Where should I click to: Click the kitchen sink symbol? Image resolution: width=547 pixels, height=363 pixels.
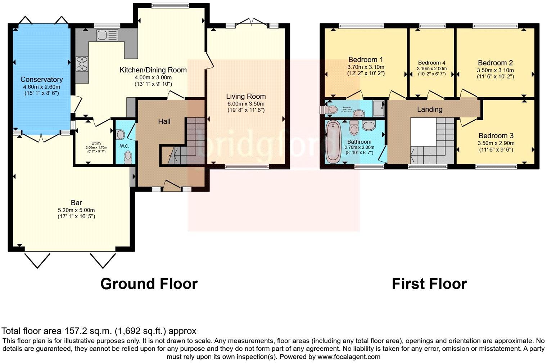107,35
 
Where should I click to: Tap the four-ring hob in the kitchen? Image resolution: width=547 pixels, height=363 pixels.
82,64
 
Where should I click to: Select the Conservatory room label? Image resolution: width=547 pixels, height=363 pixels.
41,80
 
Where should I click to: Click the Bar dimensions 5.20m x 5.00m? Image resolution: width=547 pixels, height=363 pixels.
76,210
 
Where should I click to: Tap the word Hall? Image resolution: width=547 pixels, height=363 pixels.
164,121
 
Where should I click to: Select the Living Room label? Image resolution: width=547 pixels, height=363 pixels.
246,97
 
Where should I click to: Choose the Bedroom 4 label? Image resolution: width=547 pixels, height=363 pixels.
431,63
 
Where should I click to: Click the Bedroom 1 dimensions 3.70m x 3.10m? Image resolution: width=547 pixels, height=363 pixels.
366,67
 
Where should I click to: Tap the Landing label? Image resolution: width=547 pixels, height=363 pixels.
430,109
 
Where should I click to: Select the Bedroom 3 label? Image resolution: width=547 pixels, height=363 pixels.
496,136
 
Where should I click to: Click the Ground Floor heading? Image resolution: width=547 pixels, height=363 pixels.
149,284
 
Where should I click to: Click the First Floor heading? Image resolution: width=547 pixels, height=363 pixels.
429,284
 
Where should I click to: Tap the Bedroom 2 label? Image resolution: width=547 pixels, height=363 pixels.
495,63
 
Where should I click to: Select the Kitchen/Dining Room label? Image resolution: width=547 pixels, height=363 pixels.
153,70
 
